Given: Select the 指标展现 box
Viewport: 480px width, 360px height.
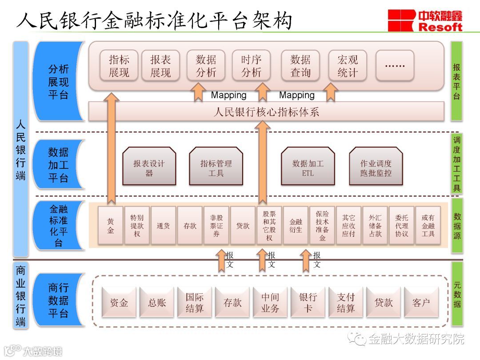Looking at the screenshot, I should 119,66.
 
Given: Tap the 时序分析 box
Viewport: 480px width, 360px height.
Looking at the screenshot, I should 252,66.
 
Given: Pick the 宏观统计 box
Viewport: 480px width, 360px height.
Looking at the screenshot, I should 348,66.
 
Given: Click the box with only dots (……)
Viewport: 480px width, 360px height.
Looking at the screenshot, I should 395,66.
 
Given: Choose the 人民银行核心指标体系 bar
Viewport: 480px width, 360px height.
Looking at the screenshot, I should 266,112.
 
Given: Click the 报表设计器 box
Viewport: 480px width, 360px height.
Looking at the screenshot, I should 149,166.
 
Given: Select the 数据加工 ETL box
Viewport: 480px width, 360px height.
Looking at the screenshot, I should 308,166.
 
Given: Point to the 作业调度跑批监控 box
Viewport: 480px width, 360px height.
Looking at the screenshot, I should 376,166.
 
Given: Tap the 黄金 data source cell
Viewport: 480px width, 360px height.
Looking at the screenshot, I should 111,225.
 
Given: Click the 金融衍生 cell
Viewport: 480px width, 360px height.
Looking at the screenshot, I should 296,225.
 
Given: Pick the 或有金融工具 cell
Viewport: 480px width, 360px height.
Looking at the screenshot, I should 428,225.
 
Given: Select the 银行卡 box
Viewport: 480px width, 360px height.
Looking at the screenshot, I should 308,302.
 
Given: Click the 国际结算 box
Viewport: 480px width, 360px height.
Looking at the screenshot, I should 195,302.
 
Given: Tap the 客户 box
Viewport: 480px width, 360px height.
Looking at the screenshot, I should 421,302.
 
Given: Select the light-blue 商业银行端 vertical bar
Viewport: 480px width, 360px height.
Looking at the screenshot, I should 21,296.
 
